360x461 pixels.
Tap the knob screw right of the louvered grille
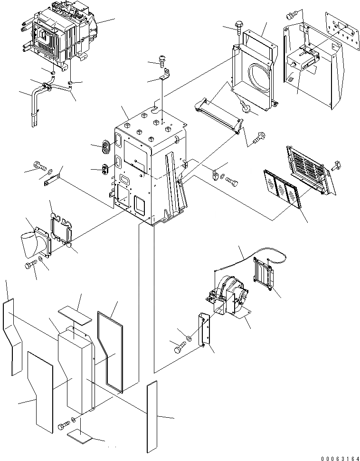(339, 165)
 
